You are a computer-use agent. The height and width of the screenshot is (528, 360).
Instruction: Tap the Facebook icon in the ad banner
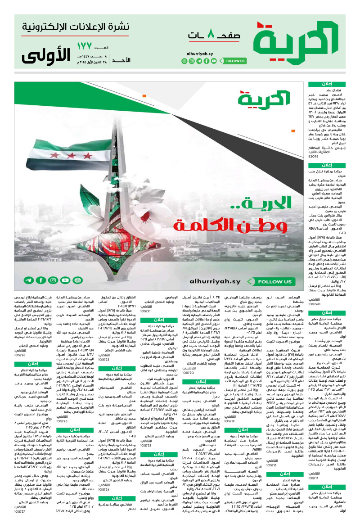(41, 280)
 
